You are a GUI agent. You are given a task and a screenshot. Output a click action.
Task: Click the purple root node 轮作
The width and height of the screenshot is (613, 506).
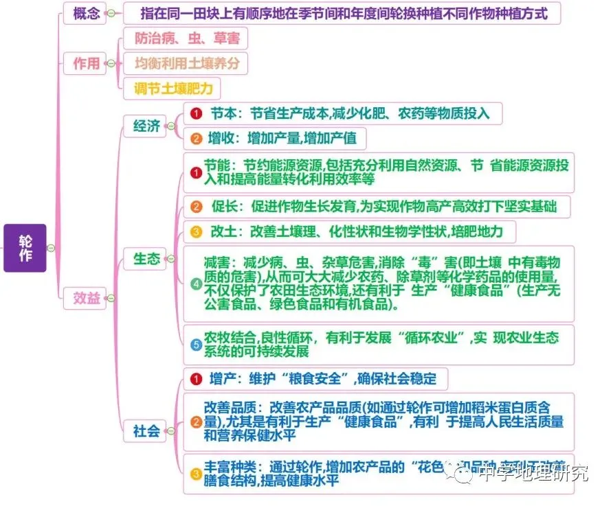coord(25,247)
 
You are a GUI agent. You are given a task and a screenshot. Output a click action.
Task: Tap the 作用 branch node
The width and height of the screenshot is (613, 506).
coord(87,64)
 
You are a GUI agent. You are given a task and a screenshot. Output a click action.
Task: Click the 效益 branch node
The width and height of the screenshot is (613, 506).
coord(87,298)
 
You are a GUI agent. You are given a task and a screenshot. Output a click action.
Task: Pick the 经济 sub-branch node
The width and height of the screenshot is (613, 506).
coord(146,126)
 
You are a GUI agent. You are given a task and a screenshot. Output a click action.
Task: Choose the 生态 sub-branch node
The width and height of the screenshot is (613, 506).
coord(146,258)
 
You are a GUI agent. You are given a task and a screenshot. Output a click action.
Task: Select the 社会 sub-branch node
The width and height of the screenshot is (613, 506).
coord(146,430)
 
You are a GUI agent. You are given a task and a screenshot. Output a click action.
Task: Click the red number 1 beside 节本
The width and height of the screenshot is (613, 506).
coord(196,113)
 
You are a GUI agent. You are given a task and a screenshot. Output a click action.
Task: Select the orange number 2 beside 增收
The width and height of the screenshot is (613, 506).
coord(196,139)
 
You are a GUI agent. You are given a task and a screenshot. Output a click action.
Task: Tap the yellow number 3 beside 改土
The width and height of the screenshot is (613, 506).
coord(196,231)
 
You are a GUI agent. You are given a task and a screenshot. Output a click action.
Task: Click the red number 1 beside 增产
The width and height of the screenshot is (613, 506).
coord(196,378)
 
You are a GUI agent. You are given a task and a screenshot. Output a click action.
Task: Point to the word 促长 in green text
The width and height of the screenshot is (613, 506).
coord(224,206)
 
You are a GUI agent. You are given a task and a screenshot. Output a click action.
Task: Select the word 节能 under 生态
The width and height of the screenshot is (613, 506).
coord(218,166)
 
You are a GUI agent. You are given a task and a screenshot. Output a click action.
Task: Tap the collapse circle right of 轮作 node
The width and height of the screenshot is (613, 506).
coord(51,248)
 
